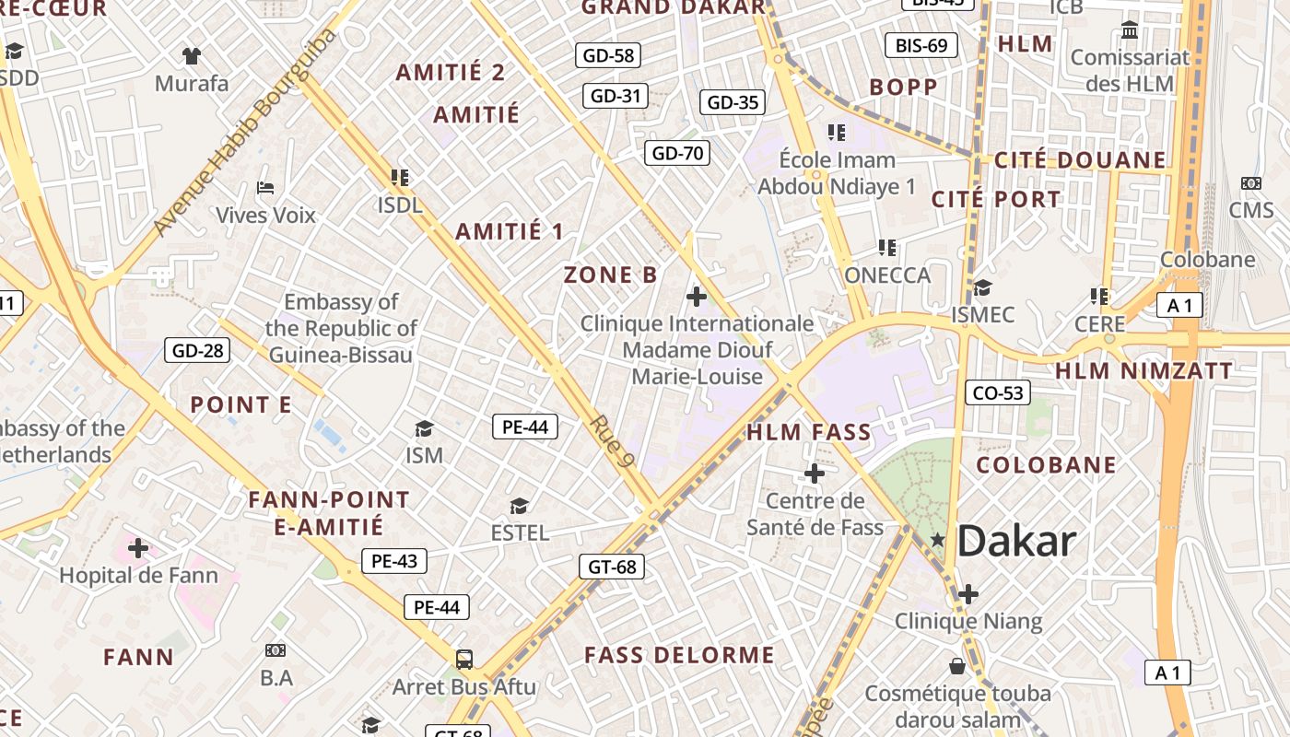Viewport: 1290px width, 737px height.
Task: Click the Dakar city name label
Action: [1016, 542]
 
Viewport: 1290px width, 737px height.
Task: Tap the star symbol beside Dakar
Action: [938, 540]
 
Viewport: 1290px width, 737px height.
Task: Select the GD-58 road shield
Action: [608, 55]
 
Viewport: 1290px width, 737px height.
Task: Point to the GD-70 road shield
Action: [677, 153]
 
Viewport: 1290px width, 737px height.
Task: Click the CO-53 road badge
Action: [998, 393]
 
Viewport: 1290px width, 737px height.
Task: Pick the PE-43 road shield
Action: [394, 561]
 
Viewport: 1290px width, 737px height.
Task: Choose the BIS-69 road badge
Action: [921, 45]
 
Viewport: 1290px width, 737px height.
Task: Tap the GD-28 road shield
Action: [197, 350]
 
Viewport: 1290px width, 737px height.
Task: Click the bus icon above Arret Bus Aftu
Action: [464, 660]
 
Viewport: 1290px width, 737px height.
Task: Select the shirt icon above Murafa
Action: [192, 56]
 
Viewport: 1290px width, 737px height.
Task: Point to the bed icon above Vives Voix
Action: [265, 188]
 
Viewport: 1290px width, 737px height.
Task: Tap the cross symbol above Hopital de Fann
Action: [138, 549]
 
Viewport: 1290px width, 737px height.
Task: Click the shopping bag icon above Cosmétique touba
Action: [957, 666]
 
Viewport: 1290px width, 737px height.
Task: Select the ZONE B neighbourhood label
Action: [611, 275]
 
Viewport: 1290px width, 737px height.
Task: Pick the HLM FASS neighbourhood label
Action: [808, 432]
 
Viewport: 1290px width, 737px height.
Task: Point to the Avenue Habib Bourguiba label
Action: [244, 132]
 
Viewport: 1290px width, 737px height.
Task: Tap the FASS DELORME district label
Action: [679, 656]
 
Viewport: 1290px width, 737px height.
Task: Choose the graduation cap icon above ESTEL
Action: [520, 507]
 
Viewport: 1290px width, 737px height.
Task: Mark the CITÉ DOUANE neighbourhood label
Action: [1080, 160]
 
